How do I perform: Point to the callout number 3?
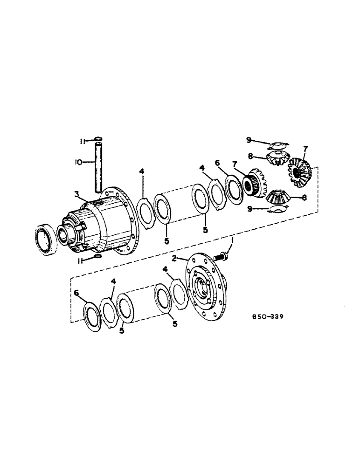pos(76,193)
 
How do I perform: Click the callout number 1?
pos(232,240)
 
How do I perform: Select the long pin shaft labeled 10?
pos(98,167)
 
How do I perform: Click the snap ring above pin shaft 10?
pos(98,138)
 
